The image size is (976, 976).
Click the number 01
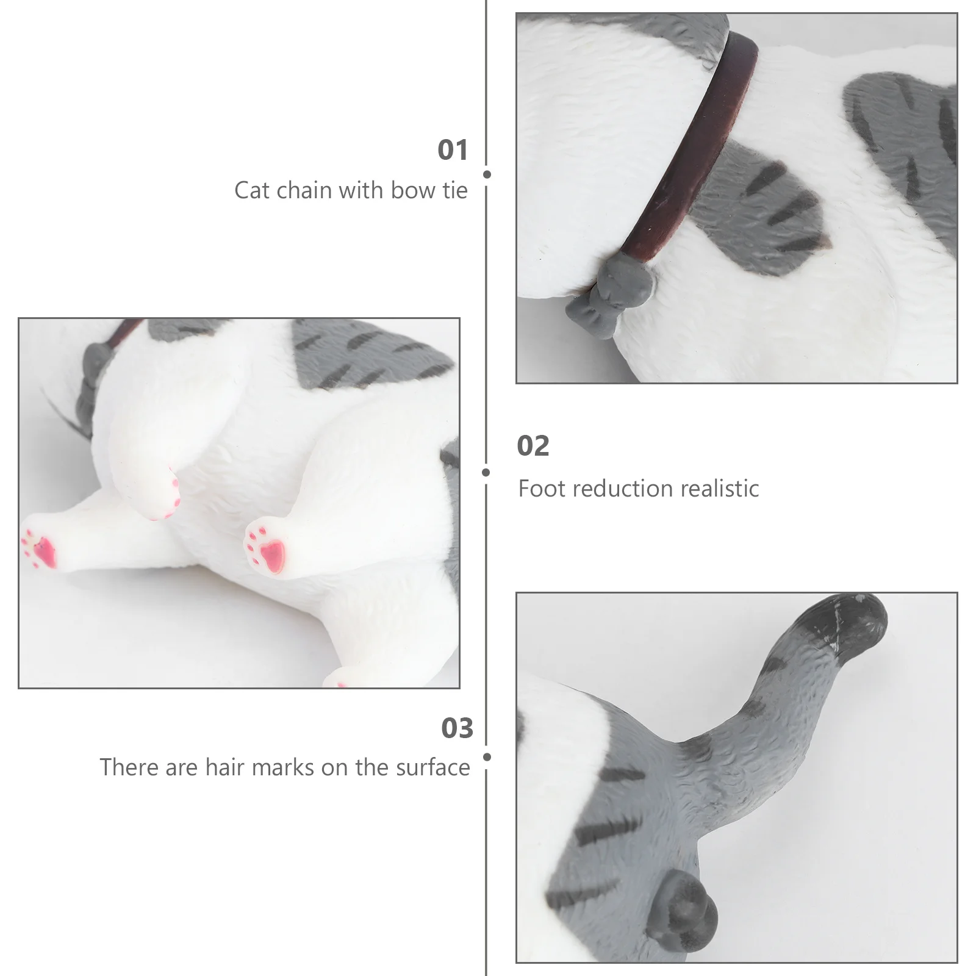[453, 150]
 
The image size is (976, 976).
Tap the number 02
[533, 446]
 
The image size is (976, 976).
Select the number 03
[457, 728]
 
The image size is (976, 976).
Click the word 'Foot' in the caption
[543, 489]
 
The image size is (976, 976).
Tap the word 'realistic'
[720, 489]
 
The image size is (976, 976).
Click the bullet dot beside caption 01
[487, 174]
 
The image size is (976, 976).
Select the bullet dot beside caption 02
[486, 472]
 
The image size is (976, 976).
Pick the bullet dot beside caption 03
[487, 757]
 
